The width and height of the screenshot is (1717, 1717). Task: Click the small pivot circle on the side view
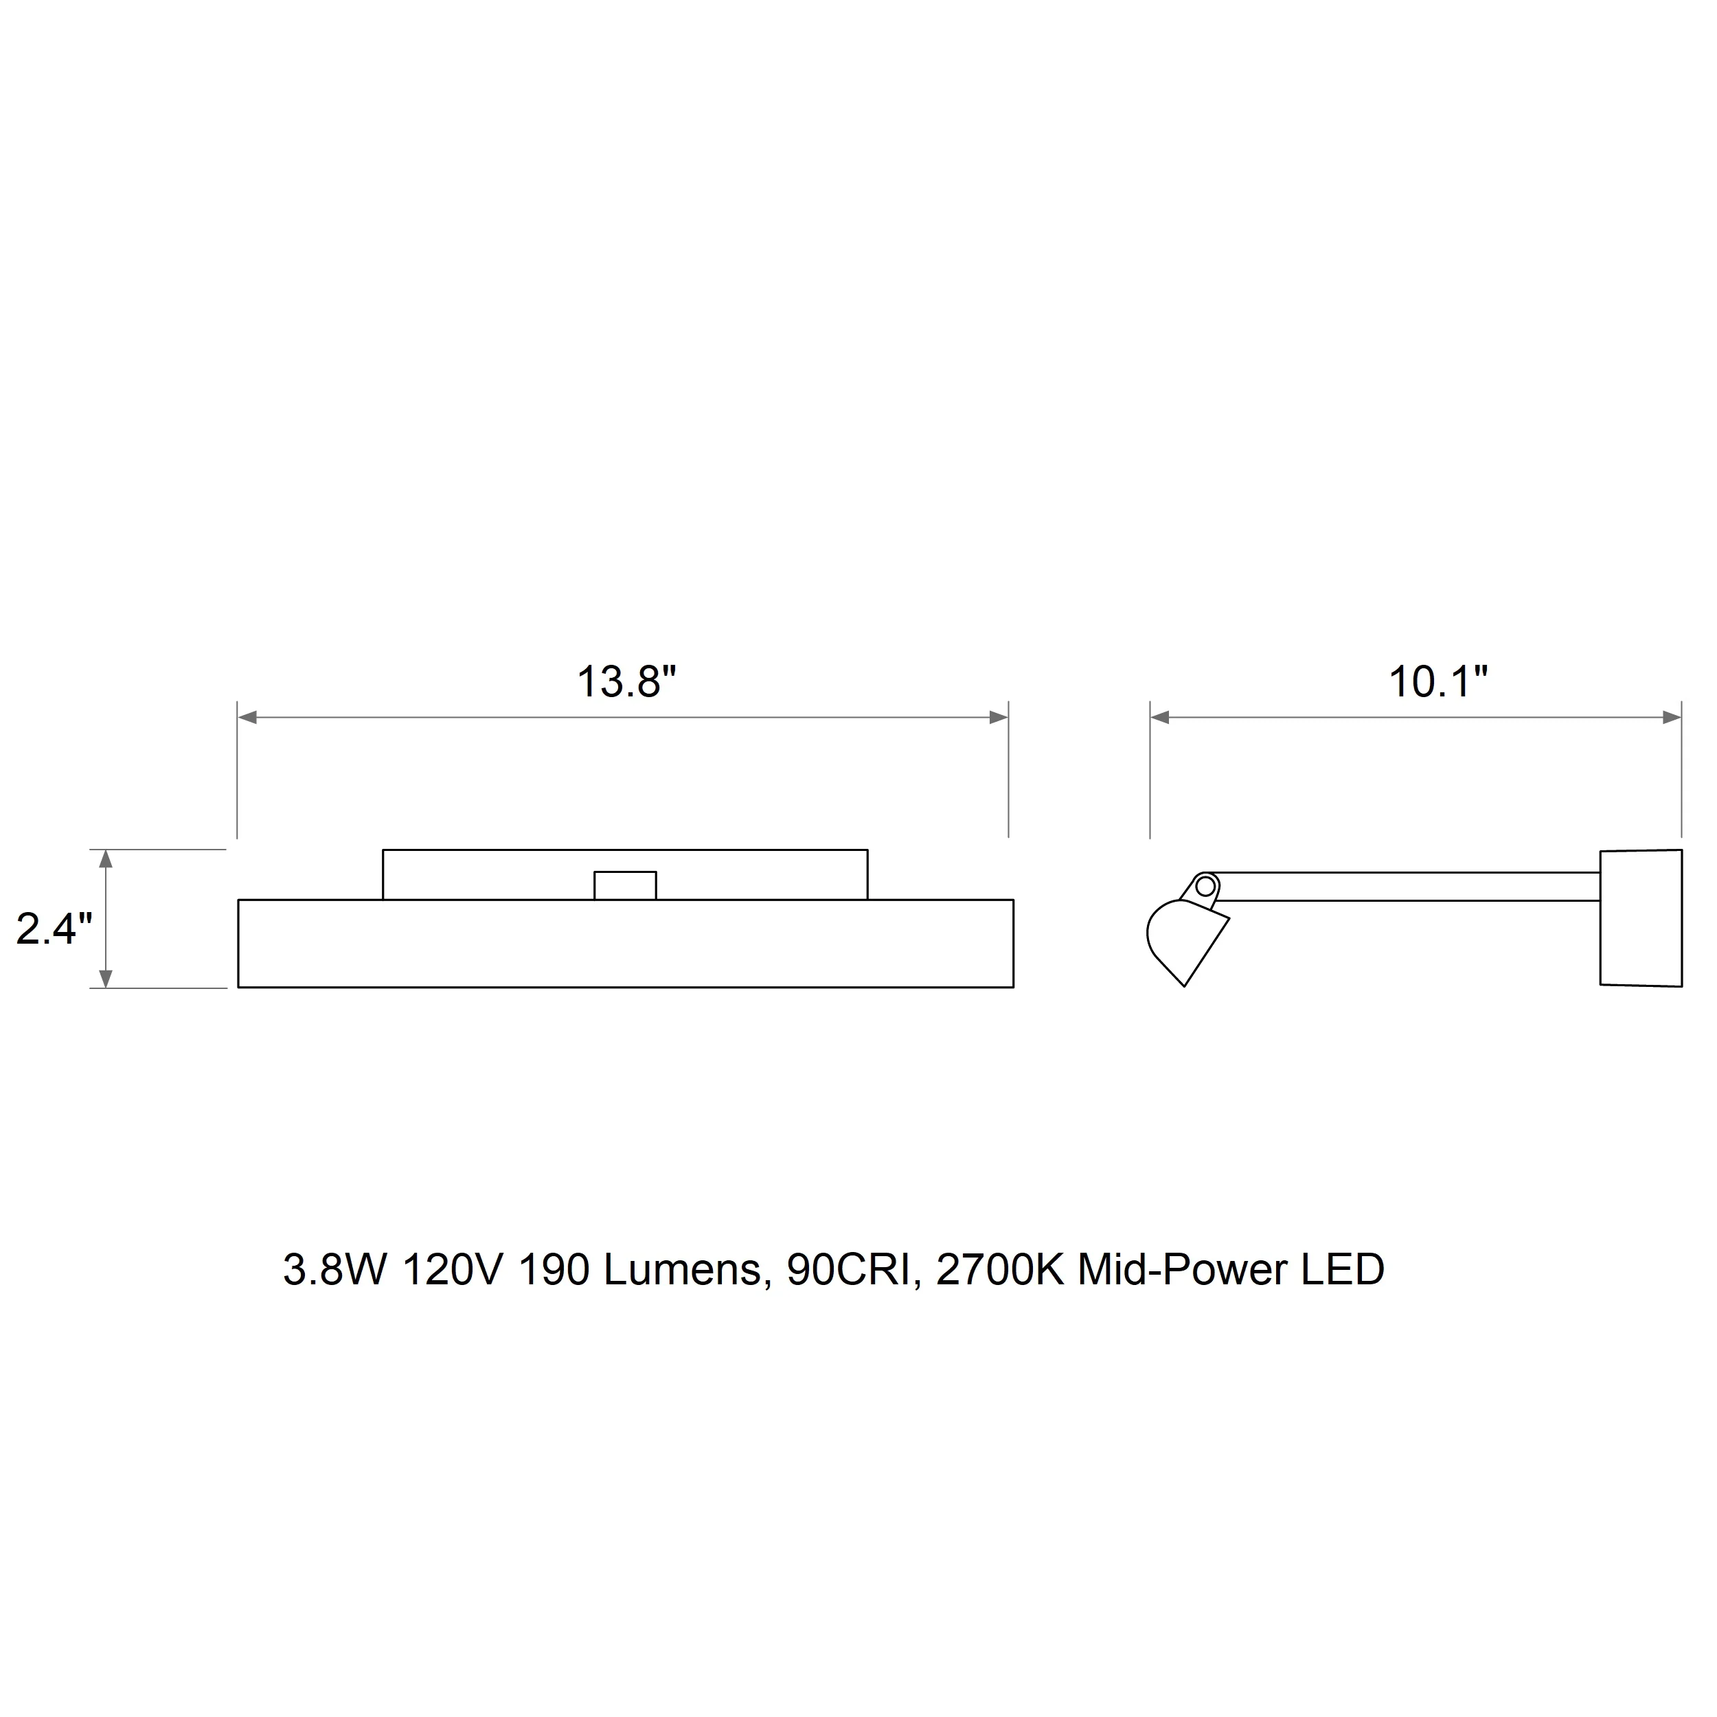tap(1205, 885)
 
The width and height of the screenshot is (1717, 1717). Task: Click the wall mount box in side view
tap(1641, 918)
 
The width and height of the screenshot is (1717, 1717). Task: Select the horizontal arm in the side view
tap(1409, 887)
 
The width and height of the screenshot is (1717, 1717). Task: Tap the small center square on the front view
tap(626, 885)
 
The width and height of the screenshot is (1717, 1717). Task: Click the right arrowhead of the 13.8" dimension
tap(998, 717)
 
